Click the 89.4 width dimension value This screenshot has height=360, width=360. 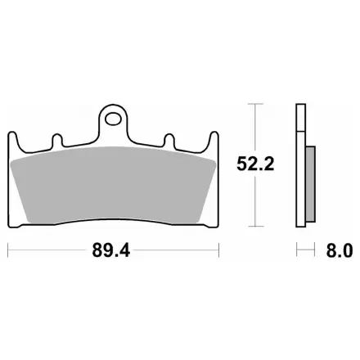(111, 250)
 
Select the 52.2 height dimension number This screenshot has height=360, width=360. (255, 164)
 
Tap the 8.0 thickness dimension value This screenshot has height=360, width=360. (340, 250)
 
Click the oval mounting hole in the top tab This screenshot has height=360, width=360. (113, 119)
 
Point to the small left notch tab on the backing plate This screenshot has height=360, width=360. (57, 140)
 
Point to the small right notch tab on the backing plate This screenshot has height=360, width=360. (169, 140)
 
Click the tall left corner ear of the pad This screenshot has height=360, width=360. (13, 142)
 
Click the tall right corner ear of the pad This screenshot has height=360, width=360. (214, 142)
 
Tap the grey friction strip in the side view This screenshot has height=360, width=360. (311, 184)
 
